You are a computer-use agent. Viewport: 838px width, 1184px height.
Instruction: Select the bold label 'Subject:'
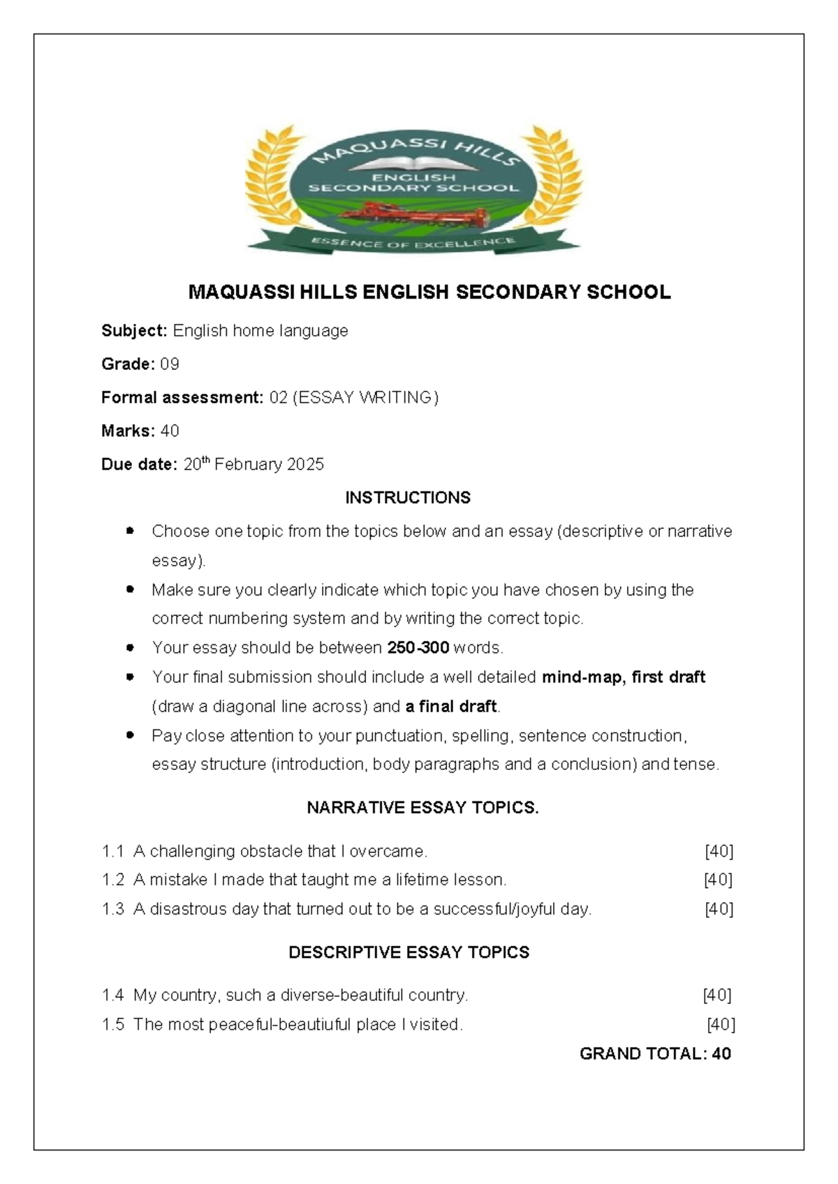(x=134, y=331)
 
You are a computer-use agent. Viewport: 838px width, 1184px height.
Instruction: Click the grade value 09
(x=170, y=364)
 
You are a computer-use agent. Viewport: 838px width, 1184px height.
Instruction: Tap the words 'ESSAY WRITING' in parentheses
(x=365, y=398)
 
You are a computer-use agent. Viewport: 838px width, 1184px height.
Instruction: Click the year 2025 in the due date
(x=304, y=465)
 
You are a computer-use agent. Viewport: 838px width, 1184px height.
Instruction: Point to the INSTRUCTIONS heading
(x=408, y=498)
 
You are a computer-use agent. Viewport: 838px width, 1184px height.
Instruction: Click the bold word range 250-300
(x=418, y=648)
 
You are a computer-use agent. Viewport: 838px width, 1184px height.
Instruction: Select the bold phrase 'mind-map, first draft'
(x=624, y=677)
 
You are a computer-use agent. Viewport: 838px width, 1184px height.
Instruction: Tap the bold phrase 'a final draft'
(x=451, y=706)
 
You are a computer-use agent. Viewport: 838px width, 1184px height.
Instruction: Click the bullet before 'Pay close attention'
(x=130, y=735)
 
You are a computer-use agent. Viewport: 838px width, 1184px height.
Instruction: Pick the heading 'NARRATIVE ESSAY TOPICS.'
(x=422, y=808)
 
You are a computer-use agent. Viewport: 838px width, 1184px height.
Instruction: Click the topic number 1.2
(x=113, y=880)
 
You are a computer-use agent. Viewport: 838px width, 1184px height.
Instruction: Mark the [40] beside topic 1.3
(x=719, y=909)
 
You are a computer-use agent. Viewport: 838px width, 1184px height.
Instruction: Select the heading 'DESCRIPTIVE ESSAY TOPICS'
(x=409, y=952)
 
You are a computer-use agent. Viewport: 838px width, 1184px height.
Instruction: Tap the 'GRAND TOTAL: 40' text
(x=655, y=1053)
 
